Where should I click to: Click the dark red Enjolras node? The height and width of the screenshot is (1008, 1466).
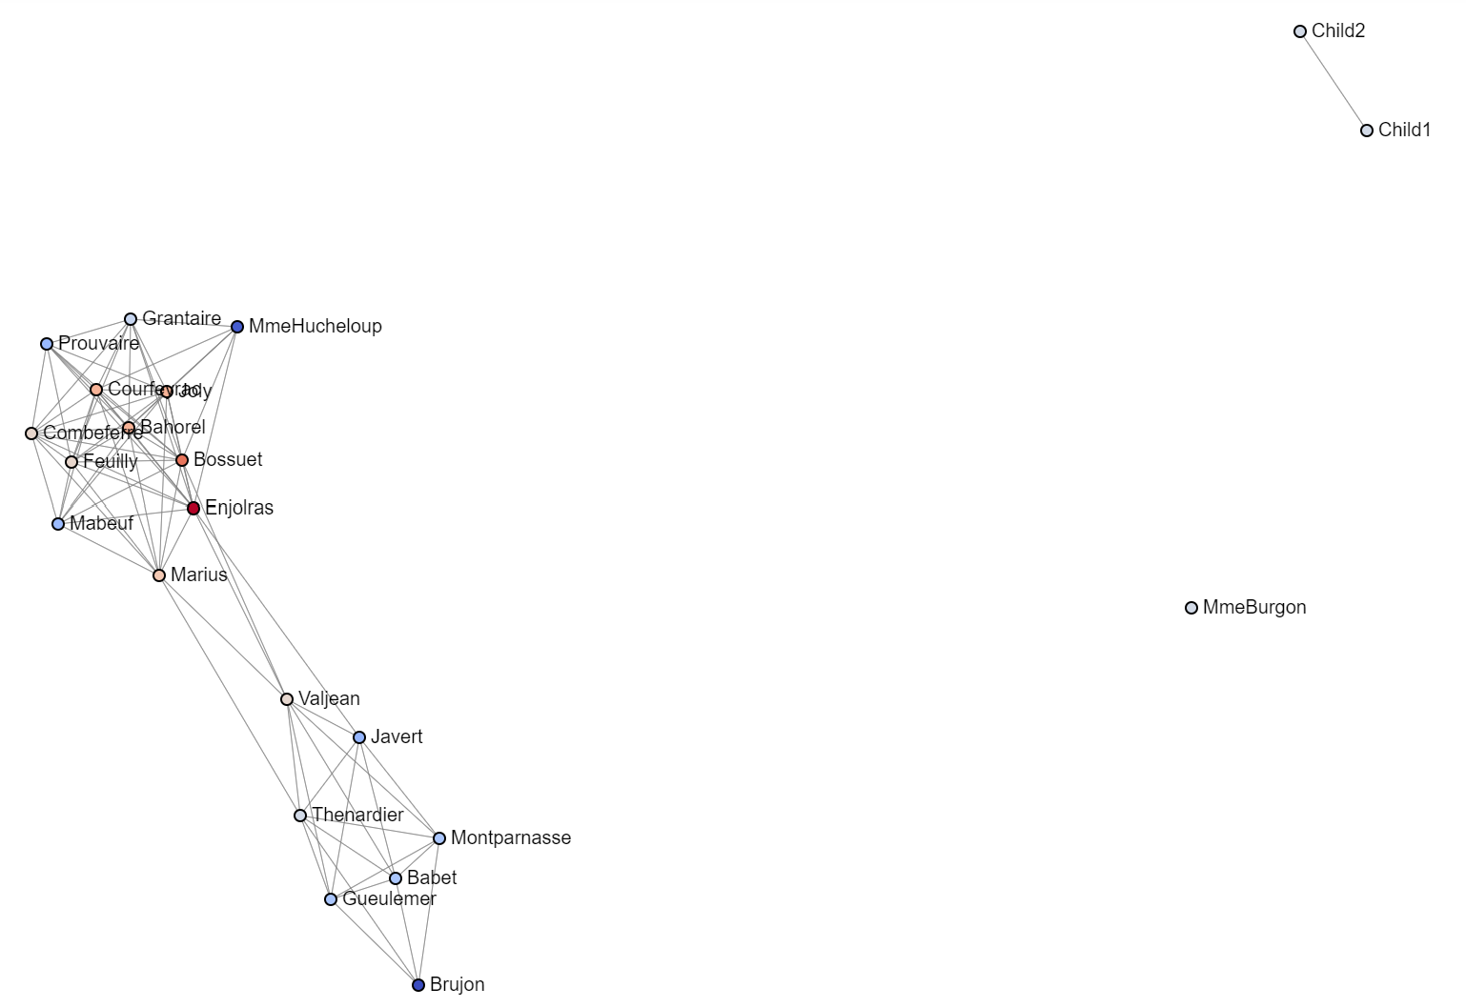click(x=193, y=508)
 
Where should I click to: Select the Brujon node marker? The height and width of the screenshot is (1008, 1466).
click(x=418, y=985)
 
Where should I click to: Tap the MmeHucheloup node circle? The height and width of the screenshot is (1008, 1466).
click(x=237, y=327)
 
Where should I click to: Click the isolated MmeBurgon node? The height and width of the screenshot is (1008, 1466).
click(x=1191, y=608)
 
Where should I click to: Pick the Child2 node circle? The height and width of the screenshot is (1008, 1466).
click(x=1300, y=31)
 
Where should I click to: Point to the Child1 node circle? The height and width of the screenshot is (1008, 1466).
click(x=1367, y=131)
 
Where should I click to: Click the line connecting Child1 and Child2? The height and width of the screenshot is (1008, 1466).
click(x=1334, y=81)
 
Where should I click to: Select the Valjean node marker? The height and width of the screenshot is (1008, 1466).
click(x=287, y=699)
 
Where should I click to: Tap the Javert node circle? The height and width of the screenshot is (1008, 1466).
click(x=359, y=737)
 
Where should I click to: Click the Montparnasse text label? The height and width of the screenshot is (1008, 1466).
click(x=510, y=838)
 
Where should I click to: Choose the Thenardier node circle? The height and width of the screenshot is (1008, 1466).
click(x=300, y=816)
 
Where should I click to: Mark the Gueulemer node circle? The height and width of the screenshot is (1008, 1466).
click(x=331, y=899)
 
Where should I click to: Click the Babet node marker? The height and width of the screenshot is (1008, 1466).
click(x=396, y=878)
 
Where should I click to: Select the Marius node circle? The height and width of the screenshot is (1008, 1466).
click(x=159, y=575)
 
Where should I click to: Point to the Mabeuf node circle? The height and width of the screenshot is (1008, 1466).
click(x=58, y=524)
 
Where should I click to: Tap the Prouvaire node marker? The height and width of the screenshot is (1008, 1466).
click(x=47, y=344)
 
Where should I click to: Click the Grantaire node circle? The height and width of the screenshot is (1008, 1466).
click(x=131, y=319)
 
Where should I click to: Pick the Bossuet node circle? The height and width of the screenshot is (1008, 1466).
click(x=182, y=460)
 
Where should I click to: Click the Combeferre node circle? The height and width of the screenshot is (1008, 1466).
click(x=31, y=433)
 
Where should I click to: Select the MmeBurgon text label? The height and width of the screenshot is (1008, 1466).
click(x=1254, y=608)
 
